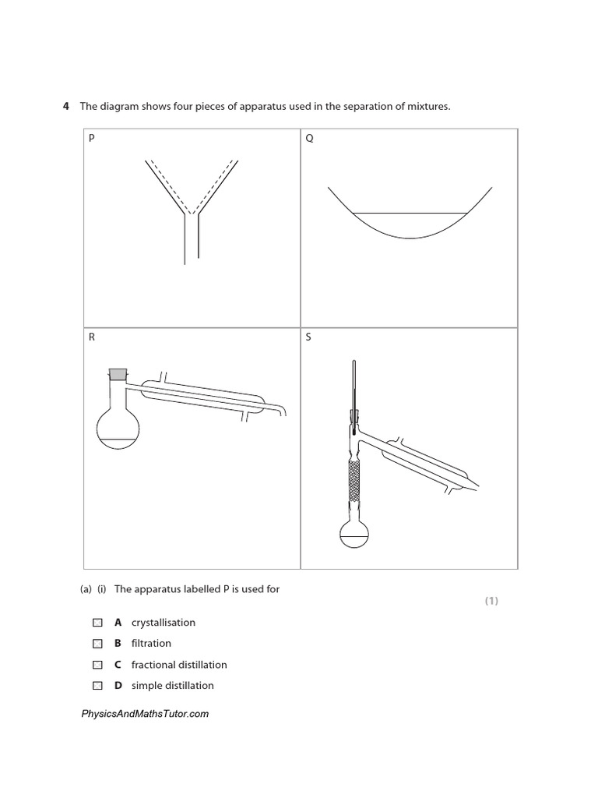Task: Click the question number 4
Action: [x=66, y=106]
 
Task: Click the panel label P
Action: [x=91, y=139]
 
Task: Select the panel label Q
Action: [x=308, y=139]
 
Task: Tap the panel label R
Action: [x=91, y=338]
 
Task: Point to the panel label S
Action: [x=308, y=338]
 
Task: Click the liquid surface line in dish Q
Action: [x=410, y=213]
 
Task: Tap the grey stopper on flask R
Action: [x=118, y=374]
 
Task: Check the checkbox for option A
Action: [x=97, y=623]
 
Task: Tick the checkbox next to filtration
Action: [x=97, y=644]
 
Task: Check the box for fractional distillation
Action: [x=97, y=665]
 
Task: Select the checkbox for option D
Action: [x=97, y=686]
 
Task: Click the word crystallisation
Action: [x=164, y=623]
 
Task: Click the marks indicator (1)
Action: [x=491, y=601]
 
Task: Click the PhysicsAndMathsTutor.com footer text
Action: [x=145, y=714]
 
